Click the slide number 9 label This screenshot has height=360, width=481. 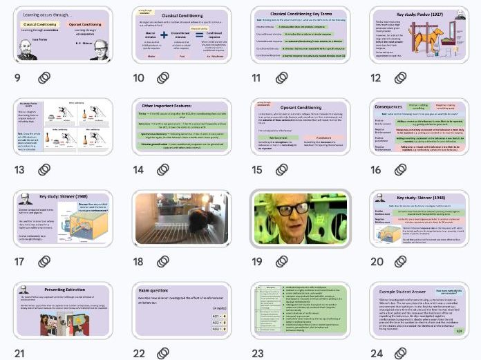(x=17, y=77)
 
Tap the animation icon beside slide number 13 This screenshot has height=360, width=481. (x=44, y=169)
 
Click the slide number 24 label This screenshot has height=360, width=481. (x=377, y=352)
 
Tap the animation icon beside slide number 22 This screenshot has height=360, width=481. (x=163, y=352)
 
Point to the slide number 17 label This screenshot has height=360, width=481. (x=19, y=261)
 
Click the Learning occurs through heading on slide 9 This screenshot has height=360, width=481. (x=47, y=14)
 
